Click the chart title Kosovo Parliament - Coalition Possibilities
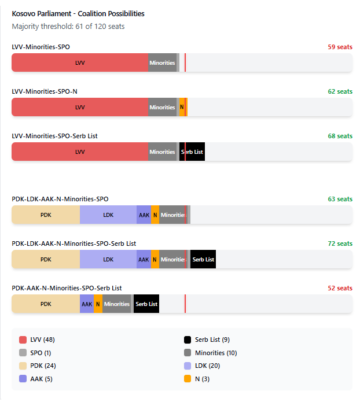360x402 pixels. pyautogui.click(x=78, y=13)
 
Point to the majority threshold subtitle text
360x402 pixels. pyautogui.click(x=68, y=27)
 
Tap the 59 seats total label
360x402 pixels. pyautogui.click(x=340, y=47)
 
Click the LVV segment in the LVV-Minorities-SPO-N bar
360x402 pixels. pyautogui.click(x=80, y=107)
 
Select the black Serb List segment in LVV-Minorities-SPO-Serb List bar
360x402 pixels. pyautogui.click(x=193, y=152)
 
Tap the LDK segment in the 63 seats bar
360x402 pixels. pyautogui.click(x=108, y=215)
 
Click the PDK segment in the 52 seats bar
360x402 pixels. pyautogui.click(x=46, y=304)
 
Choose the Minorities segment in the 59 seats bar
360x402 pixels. pyautogui.click(x=162, y=62)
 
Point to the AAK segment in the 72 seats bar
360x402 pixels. pyautogui.click(x=144, y=259)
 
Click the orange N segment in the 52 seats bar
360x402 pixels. pyautogui.click(x=98, y=304)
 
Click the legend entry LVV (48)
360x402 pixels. pyautogui.click(x=42, y=340)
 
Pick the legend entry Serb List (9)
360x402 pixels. pyautogui.click(x=212, y=340)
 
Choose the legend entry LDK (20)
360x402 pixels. pyautogui.click(x=207, y=366)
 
